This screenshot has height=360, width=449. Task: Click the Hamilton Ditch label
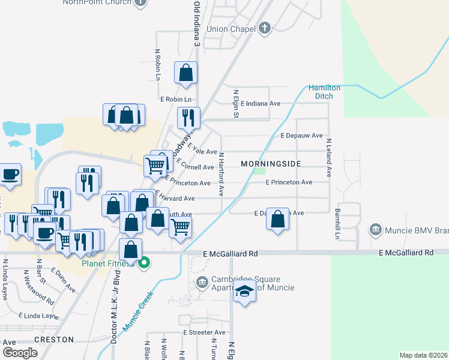[x=324, y=91]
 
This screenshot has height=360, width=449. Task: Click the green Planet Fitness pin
[x=144, y=262]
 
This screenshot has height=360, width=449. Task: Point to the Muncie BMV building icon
[x=376, y=229]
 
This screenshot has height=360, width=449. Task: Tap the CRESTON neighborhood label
[x=53, y=340]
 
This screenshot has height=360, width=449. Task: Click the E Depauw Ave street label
[x=301, y=136]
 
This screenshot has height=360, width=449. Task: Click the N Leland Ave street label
[x=329, y=158]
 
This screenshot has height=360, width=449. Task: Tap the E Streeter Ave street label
[x=204, y=332]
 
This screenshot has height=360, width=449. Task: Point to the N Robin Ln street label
[x=158, y=65]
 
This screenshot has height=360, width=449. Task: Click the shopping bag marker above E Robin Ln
[x=186, y=73]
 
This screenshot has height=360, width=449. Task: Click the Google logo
[x=20, y=353]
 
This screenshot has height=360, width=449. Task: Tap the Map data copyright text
[x=423, y=355]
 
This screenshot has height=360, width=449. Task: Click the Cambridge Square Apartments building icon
[x=202, y=281]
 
